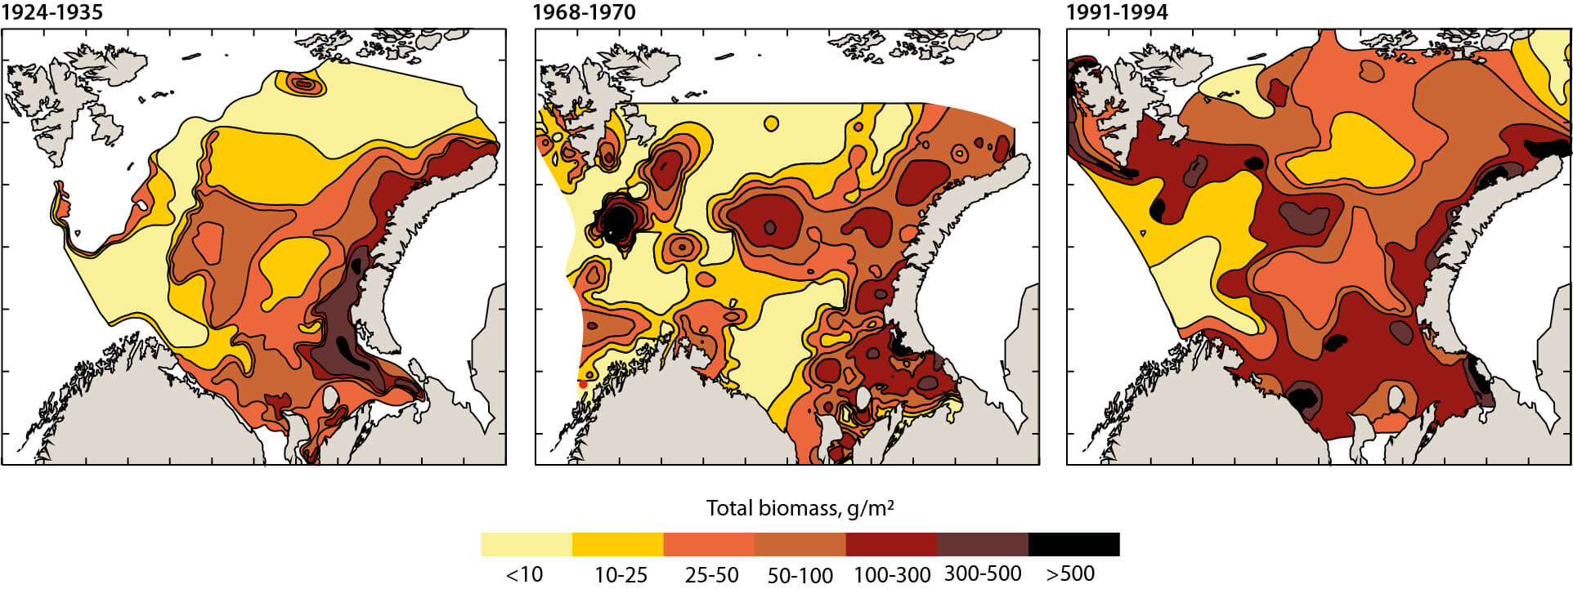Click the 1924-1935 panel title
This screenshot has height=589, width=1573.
tap(52, 12)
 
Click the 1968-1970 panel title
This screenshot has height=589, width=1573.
tap(584, 12)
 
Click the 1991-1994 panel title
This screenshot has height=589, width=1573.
tap(1117, 12)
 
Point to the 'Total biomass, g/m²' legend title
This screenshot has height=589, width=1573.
tap(800, 508)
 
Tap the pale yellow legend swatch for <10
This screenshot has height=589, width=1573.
tap(526, 544)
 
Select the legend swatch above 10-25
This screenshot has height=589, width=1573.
tap(617, 544)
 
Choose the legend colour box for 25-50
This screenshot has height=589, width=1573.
tap(709, 544)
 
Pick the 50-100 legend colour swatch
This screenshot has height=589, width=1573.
tap(800, 544)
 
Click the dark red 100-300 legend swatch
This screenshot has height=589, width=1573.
tap(891, 544)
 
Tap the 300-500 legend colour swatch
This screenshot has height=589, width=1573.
tap(982, 544)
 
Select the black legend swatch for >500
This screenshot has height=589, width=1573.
tap(1073, 544)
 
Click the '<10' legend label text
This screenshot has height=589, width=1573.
tap(524, 574)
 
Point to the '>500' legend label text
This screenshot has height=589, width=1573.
tap(1070, 573)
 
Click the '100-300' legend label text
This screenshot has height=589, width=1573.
tap(892, 575)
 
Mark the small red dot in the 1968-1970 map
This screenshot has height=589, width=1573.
tap(583, 384)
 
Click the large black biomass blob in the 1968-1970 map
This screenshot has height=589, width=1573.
tap(617, 219)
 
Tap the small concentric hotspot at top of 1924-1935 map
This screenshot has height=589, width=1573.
tap(304, 83)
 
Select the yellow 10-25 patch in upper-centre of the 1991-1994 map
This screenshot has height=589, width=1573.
tap(1349, 151)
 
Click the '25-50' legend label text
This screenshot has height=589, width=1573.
tap(711, 575)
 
